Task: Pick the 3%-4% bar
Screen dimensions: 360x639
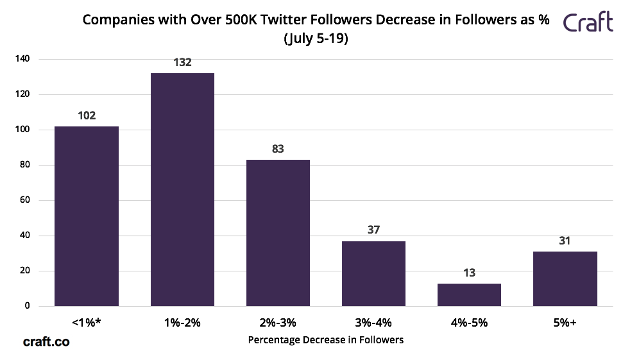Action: click(373, 273)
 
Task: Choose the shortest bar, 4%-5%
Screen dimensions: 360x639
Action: click(469, 295)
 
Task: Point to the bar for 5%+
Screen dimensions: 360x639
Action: click(565, 279)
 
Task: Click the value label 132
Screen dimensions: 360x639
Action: click(182, 63)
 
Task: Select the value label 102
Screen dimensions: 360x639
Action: click(87, 116)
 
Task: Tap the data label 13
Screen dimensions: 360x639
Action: click(469, 273)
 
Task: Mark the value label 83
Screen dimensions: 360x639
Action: click(278, 149)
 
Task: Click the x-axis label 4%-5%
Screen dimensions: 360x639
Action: click(469, 323)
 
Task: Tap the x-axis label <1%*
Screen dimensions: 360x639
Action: click(87, 323)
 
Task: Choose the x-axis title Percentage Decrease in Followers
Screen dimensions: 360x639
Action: click(325, 339)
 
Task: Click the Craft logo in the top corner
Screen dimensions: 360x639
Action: click(588, 23)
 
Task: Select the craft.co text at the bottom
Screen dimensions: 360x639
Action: click(46, 342)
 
